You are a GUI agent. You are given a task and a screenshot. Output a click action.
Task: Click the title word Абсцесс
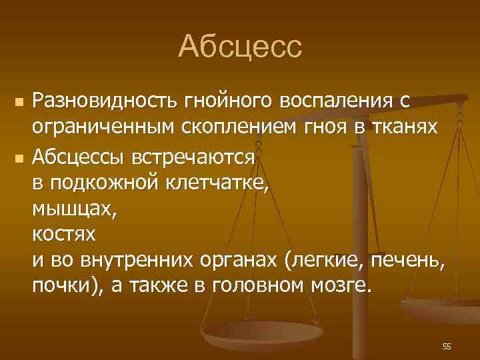(x=240, y=47)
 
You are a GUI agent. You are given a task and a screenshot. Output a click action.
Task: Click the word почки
(x=61, y=287)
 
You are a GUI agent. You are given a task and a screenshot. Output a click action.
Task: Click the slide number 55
(x=446, y=346)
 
